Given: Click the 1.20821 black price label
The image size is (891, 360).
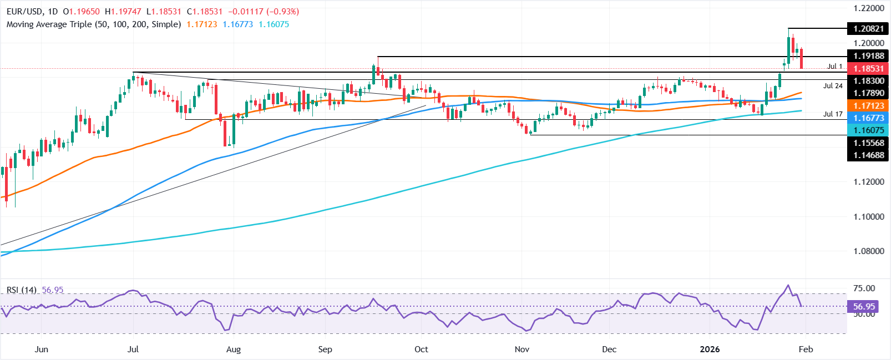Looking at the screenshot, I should tap(868, 29).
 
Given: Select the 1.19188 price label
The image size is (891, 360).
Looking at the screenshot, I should tap(868, 56).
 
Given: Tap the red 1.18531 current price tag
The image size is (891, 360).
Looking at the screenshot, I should tap(868, 68).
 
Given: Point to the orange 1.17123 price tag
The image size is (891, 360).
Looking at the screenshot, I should tap(868, 105).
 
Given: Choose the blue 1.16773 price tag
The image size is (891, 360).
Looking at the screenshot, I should tap(868, 118).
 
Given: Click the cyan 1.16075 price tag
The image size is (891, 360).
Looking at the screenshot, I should tap(868, 130).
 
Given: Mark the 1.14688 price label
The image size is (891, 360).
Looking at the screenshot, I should tap(868, 155).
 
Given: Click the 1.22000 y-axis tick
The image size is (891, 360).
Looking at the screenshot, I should tap(868, 8).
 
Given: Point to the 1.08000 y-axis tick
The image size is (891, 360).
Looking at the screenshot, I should tap(868, 251).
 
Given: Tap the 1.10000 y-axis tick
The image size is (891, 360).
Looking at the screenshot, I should tap(868, 216).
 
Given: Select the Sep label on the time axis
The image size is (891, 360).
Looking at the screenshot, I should tap(325, 349).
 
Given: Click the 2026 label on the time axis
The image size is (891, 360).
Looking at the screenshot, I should tap(710, 349).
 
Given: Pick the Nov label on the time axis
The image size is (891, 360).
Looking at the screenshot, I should tap(522, 349).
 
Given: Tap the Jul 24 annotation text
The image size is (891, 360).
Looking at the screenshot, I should tap(833, 86).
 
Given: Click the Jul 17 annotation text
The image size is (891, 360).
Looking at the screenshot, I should tap(833, 114).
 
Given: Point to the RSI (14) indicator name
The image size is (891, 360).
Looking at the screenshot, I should tap(22, 290).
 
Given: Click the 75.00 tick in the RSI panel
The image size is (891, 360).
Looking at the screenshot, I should tap(864, 288).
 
